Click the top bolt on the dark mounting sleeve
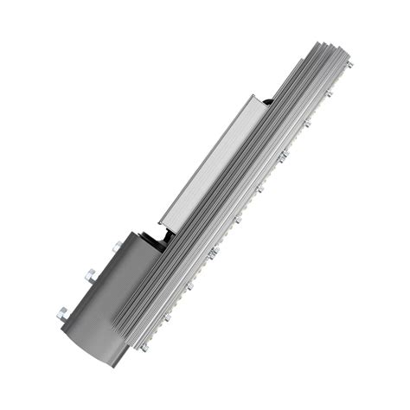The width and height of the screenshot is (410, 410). (116, 247)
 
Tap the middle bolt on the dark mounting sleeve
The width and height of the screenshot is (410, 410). (89, 277)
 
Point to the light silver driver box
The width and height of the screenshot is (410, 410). (212, 164)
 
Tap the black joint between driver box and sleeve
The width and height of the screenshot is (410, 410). (159, 237)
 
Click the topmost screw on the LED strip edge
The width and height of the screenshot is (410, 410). (349, 65)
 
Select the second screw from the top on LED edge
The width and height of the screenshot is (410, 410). (330, 93)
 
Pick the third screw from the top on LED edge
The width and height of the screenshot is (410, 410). (307, 124)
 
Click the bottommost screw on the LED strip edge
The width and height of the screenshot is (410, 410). (144, 347)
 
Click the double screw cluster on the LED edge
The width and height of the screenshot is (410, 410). (213, 253)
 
